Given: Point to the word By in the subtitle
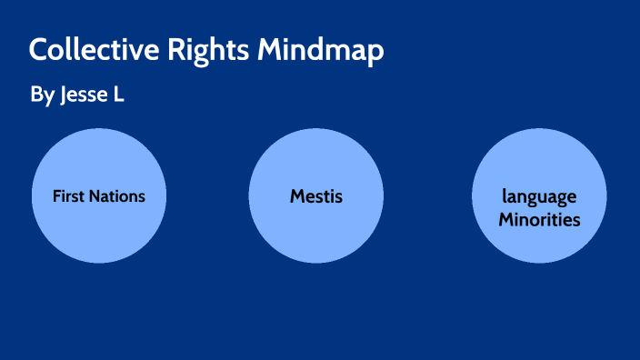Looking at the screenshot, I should coord(42,95).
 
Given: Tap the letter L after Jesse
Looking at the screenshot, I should coord(117,95).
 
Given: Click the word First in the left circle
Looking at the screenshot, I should coord(68,195).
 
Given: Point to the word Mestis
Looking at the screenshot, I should coord(316,195).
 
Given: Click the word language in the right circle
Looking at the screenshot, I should coord(540,197).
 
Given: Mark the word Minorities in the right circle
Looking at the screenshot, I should coord(540,219).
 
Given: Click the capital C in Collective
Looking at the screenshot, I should coord(38,51).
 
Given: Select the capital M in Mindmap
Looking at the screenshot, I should coord(270,51).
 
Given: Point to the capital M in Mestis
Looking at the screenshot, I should coord(297,195).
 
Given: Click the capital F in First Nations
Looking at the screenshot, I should coord(56,195).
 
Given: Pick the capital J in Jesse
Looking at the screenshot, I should coord(64,95).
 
